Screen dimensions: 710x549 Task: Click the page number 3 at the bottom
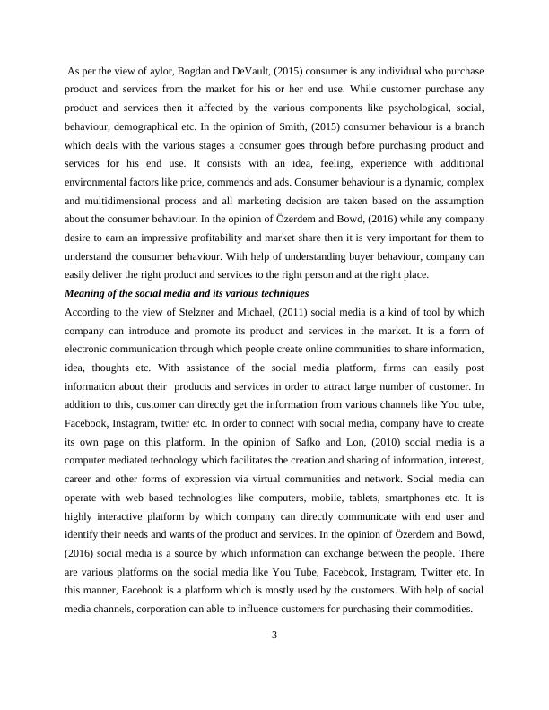tap(274, 636)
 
